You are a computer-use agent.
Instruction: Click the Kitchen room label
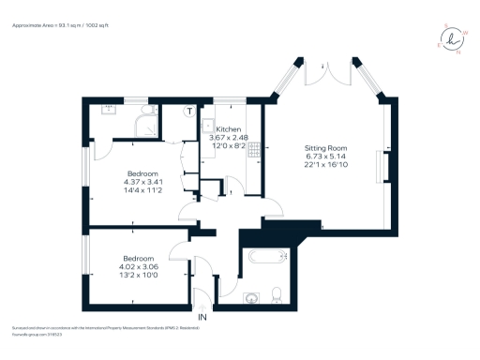[x=228, y=129]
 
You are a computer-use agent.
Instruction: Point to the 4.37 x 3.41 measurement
[x=142, y=182]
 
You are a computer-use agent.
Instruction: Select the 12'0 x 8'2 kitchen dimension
[x=228, y=146]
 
